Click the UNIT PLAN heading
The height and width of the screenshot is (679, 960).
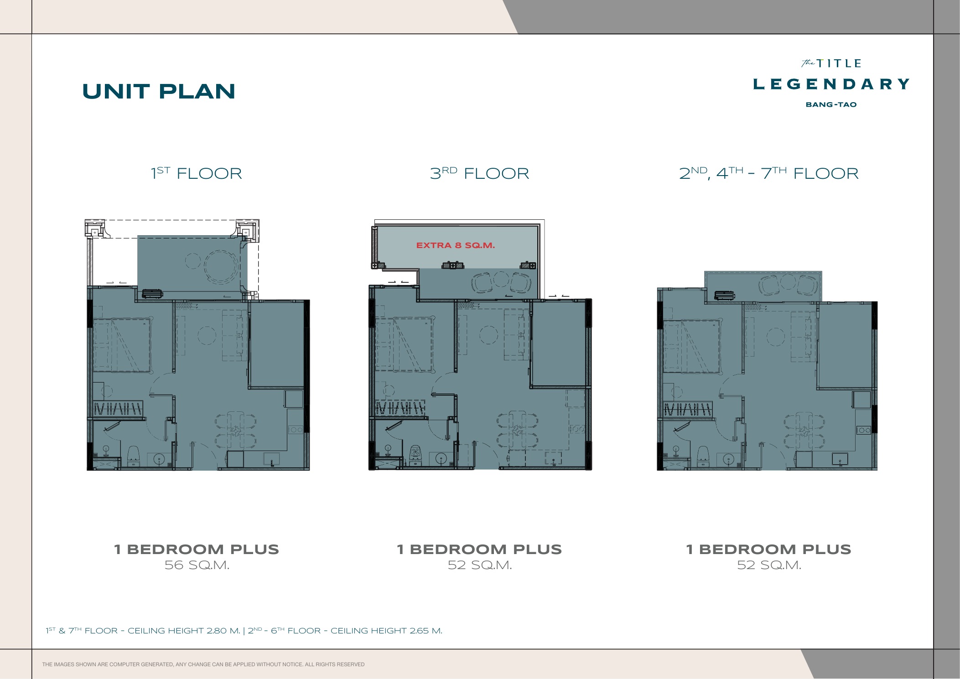(159, 91)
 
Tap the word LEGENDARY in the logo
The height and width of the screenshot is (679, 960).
(831, 84)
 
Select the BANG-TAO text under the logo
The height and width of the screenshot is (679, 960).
(831, 104)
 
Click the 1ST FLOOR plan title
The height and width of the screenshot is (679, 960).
(197, 173)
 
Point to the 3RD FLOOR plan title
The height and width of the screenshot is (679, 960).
(480, 173)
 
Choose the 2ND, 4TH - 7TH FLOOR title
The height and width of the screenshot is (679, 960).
(769, 173)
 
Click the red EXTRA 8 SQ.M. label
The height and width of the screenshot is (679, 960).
(456, 245)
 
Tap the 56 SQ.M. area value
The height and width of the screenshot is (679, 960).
(197, 565)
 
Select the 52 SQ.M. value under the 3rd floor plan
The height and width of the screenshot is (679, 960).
(480, 565)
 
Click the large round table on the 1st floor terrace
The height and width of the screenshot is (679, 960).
(222, 267)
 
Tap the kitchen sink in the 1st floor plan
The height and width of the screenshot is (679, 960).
(272, 459)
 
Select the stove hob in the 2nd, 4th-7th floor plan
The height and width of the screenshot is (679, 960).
(864, 430)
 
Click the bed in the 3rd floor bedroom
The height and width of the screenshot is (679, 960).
(404, 344)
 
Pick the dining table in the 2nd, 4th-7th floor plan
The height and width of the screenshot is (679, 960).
(804, 431)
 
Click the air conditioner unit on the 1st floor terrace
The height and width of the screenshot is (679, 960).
(152, 294)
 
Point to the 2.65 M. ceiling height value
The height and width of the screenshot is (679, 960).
(426, 631)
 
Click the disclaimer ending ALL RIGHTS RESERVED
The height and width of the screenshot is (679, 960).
(203, 664)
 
